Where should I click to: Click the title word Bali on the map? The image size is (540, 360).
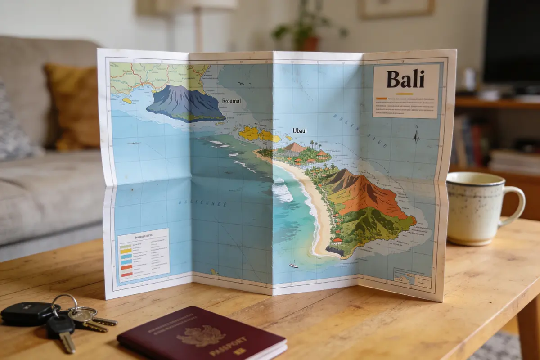[405, 79]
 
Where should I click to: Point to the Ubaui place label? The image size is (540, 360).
[299, 130]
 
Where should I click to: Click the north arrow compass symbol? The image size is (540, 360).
[416, 134]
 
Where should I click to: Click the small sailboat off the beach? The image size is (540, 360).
[293, 265]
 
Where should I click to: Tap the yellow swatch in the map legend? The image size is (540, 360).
[126, 251]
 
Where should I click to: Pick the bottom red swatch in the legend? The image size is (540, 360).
[126, 274]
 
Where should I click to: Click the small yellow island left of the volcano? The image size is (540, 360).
[127, 101]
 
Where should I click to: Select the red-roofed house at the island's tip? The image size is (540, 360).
[337, 241]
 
